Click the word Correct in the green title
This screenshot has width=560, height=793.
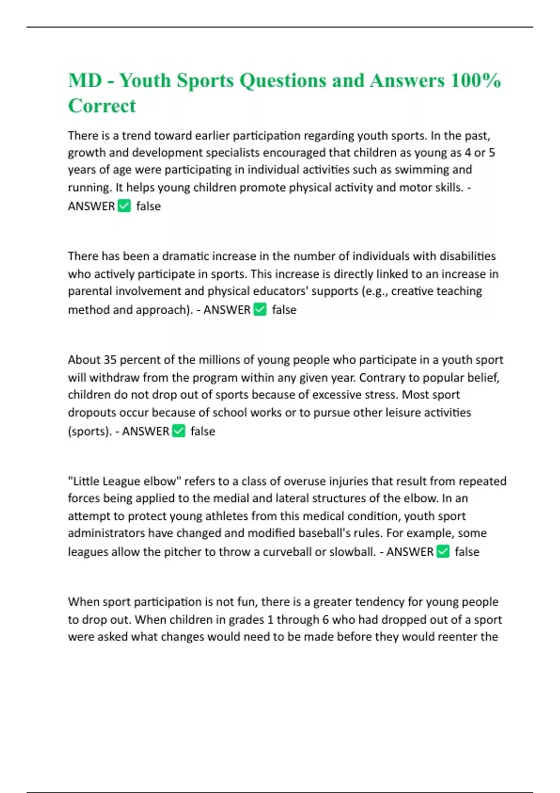102,106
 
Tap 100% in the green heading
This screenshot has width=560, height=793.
476,80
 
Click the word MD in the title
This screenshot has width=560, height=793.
85,80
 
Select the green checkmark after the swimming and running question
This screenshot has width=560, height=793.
124,206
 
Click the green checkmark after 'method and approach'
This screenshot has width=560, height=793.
260,309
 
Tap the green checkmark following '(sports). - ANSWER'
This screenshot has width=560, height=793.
179,431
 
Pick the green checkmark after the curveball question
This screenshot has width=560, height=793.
443,551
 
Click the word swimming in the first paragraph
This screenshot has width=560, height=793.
423,169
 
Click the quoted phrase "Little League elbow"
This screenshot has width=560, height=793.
125,481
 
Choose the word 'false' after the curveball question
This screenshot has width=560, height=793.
467,552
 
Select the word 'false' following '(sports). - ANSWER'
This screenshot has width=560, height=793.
203,431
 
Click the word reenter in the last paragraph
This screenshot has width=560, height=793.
457,637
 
